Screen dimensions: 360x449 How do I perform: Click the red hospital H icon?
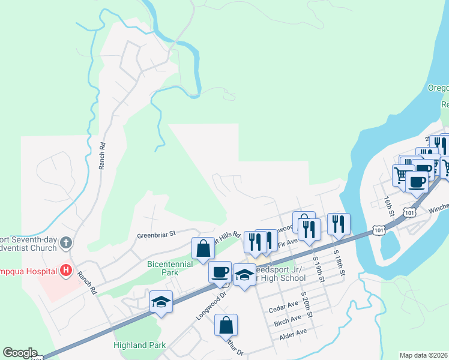point(66,271)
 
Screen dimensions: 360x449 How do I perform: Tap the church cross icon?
point(66,244)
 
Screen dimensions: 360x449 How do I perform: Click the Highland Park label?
point(139,345)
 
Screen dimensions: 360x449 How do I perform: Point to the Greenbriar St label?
point(155,235)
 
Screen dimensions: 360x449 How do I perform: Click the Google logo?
point(20,353)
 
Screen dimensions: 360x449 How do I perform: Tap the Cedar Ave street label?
point(284,306)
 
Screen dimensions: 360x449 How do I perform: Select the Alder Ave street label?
point(294,332)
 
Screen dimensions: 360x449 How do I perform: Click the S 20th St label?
point(308,303)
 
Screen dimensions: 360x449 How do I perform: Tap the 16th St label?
point(390,205)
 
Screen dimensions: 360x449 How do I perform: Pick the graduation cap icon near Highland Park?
point(161,302)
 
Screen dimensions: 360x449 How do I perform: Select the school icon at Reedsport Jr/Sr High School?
point(244,275)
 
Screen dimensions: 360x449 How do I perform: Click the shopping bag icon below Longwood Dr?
point(226,325)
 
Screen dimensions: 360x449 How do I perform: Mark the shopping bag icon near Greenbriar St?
point(203,248)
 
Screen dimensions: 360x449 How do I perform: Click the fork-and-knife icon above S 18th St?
point(339,224)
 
